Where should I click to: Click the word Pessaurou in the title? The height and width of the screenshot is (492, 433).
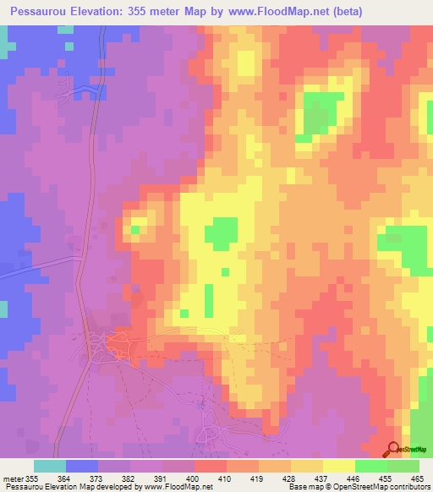coord(35,11)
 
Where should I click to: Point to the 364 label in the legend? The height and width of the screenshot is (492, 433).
coord(64,479)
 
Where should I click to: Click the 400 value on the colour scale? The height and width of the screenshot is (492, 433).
coord(193,479)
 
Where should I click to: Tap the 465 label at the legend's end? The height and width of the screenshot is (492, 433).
coord(416,479)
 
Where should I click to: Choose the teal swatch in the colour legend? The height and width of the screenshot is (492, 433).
coord(49,466)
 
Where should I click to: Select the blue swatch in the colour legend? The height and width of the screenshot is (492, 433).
coord(81,466)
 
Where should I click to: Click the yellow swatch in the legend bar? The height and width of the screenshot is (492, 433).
coord(338,466)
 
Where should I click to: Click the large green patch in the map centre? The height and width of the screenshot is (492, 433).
coord(222,234)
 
